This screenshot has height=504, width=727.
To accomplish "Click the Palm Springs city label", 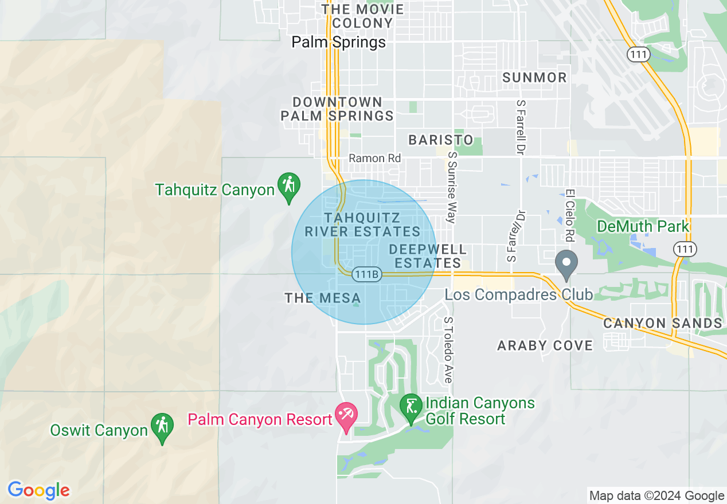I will pyautogui.click(x=338, y=42).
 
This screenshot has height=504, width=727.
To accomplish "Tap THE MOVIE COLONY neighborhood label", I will pyautogui.click(x=363, y=16).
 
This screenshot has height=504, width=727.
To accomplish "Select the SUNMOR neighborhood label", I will pyautogui.click(x=534, y=77).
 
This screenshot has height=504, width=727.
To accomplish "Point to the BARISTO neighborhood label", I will pyautogui.click(x=441, y=140).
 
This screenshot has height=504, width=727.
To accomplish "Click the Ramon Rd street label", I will pyautogui.click(x=375, y=158).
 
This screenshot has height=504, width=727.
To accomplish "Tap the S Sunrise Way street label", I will pyautogui.click(x=452, y=187).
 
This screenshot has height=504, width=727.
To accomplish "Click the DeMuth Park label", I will pyautogui.click(x=643, y=226).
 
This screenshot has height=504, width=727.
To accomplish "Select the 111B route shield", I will pyautogui.click(x=366, y=274).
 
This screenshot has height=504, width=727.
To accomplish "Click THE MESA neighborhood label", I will pyautogui.click(x=323, y=298).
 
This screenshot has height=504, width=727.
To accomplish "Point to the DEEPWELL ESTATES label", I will pyautogui.click(x=427, y=257).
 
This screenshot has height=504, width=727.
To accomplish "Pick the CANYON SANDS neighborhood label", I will pyautogui.click(x=662, y=323).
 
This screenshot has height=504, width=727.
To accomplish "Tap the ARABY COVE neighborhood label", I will pyautogui.click(x=545, y=345).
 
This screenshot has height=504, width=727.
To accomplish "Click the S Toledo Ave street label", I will pyautogui.click(x=448, y=351).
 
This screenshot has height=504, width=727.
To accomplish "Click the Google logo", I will pyautogui.click(x=38, y=491).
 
